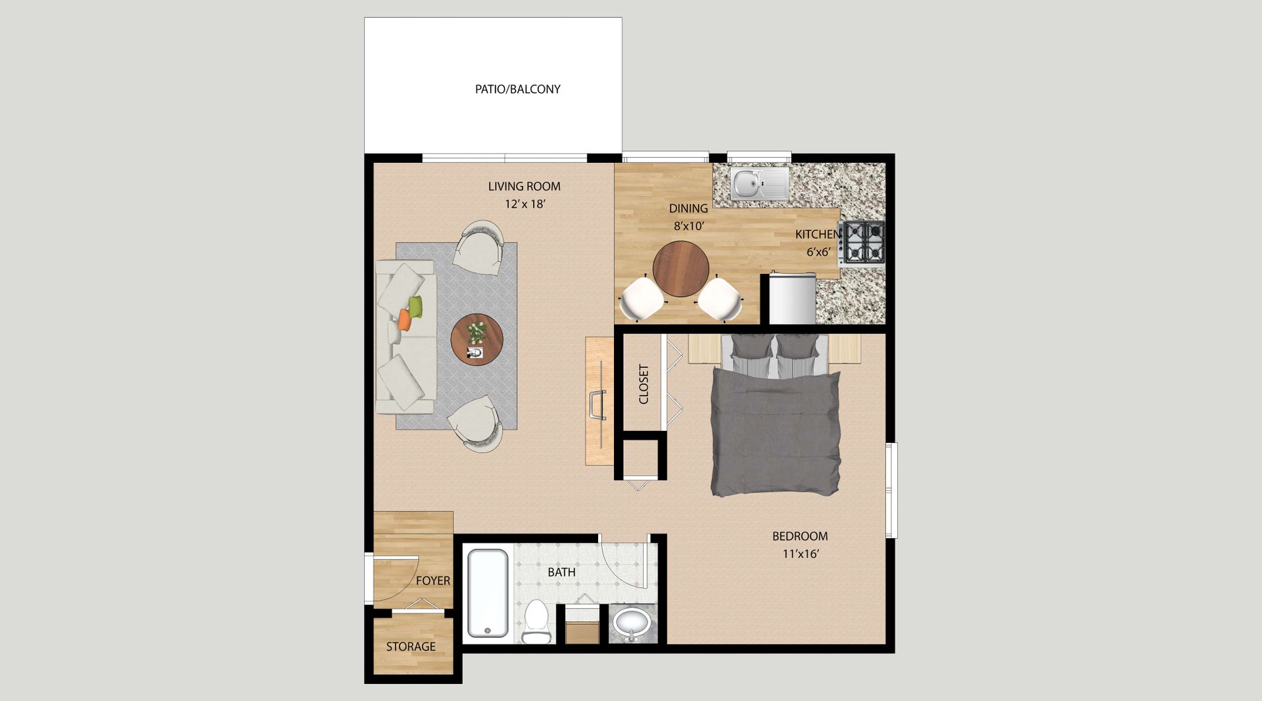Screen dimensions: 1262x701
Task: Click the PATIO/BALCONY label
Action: tap(517, 89)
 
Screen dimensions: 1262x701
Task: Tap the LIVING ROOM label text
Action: tap(524, 187)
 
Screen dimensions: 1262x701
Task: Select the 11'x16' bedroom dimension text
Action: tap(800, 554)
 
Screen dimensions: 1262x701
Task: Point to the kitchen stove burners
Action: tap(864, 243)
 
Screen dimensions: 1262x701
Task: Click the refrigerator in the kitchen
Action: tap(792, 298)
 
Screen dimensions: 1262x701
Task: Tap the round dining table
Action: tap(681, 269)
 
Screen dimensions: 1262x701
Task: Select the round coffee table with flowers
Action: tap(477, 340)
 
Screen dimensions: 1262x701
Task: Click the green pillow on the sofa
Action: tap(415, 305)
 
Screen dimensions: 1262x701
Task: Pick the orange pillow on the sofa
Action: tap(404, 320)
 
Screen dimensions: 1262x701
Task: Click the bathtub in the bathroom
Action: tap(488, 593)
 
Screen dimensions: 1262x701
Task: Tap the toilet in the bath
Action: tap(536, 622)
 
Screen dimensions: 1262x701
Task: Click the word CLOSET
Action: tap(643, 384)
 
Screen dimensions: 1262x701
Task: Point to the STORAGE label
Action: tap(411, 646)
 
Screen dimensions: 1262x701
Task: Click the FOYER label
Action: tap(433, 581)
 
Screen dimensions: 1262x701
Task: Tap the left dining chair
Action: tap(642, 299)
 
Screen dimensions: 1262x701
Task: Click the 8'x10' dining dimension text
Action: tap(689, 227)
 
